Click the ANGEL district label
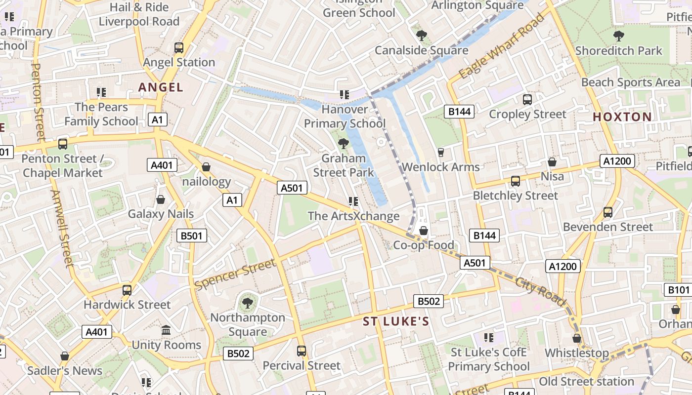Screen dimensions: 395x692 click(161, 87)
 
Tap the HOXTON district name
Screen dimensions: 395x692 click(622, 117)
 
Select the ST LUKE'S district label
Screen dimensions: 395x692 click(396, 322)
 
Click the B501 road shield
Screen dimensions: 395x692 click(192, 236)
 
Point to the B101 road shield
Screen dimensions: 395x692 click(678, 290)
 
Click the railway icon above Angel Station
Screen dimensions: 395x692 click(179, 48)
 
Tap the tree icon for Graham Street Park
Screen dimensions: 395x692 click(343, 144)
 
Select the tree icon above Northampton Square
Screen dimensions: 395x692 click(247, 303)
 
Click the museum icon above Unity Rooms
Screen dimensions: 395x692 click(166, 330)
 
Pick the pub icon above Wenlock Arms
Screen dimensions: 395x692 click(441, 152)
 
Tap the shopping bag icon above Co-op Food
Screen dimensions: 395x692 click(423, 231)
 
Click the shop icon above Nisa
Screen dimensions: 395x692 click(552, 162)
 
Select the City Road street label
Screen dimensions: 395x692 click(540, 291)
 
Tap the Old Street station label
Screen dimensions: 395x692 click(586, 382)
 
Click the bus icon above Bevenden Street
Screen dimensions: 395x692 click(608, 212)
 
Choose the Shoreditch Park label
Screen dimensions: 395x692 click(618, 51)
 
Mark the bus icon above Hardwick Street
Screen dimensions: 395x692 click(127, 290)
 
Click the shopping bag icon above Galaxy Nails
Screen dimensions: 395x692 click(161, 199)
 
